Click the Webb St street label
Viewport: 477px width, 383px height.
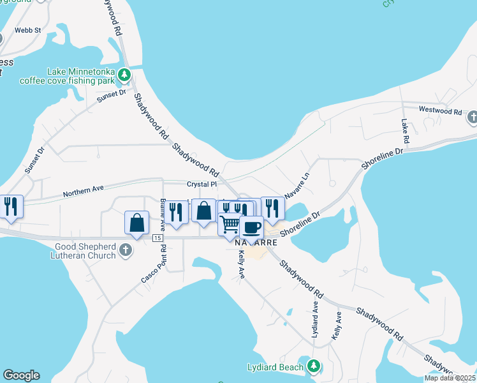pyautogui.click(x=27, y=30)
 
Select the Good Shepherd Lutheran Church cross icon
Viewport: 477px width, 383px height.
pyautogui.click(x=126, y=250)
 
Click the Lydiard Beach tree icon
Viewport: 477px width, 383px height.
pyautogui.click(x=313, y=366)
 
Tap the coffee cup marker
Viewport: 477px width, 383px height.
pyautogui.click(x=251, y=227)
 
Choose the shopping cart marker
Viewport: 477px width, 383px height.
pyautogui.click(x=230, y=225)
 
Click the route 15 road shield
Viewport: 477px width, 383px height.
pyautogui.click(x=158, y=237)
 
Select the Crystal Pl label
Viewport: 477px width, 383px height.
pyautogui.click(x=202, y=184)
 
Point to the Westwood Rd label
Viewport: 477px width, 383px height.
pyautogui.click(x=440, y=110)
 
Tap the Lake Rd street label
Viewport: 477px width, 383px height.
pyautogui.click(x=404, y=130)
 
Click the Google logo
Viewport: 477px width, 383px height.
pyautogui.click(x=21, y=375)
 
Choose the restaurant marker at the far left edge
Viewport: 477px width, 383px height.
pyautogui.click(x=11, y=207)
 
